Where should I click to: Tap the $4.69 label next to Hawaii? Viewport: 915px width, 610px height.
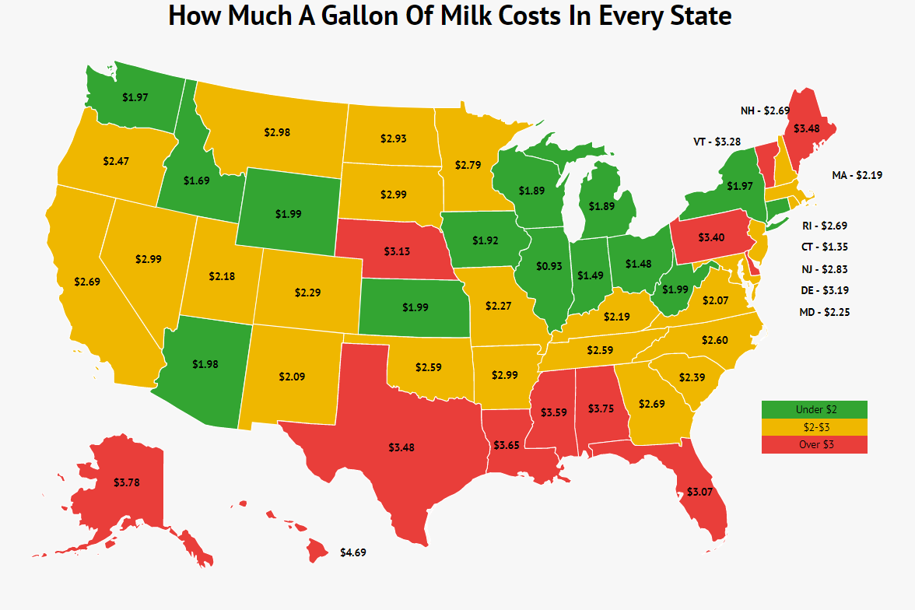[x=353, y=552]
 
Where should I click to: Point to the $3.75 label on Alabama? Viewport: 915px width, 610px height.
[x=601, y=408]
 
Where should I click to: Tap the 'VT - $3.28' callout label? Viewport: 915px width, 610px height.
[x=717, y=142]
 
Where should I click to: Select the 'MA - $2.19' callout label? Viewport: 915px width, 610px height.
[x=857, y=177]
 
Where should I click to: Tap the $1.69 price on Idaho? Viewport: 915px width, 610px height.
[x=197, y=181]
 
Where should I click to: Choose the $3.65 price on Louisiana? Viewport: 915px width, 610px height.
[x=507, y=445]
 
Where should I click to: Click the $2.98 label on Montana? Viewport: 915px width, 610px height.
[x=277, y=133]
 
